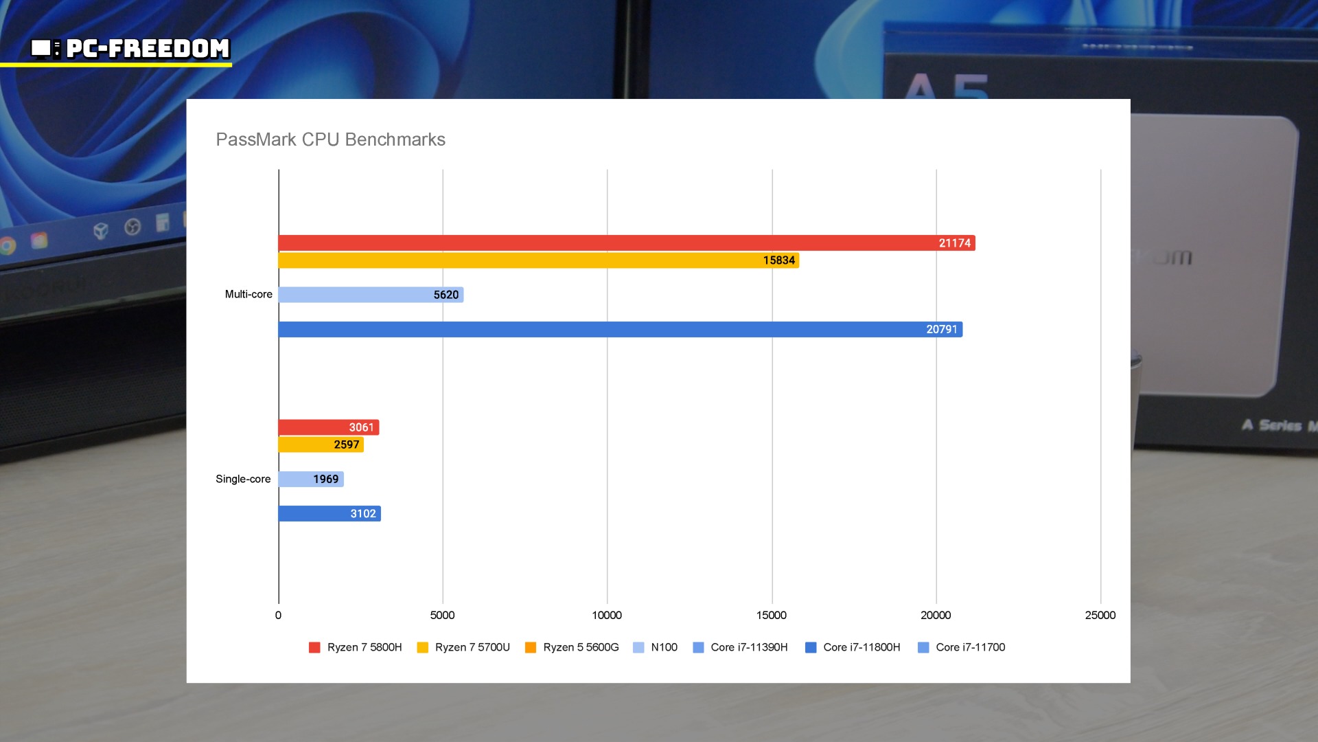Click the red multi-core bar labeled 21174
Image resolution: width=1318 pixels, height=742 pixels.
point(626,243)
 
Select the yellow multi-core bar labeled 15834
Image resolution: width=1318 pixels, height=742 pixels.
point(538,260)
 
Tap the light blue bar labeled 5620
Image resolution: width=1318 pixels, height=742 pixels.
point(371,295)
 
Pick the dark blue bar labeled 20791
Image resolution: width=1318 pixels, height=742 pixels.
point(620,330)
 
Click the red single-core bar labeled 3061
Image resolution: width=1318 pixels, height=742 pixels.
point(328,427)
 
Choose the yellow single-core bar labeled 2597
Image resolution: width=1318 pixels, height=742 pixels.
point(321,445)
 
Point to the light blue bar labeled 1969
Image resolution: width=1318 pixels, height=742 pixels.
point(310,479)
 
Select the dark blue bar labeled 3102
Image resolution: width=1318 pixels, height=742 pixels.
point(329,513)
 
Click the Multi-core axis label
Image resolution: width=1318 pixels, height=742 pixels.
point(248,294)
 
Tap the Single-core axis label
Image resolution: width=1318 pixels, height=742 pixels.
point(243,479)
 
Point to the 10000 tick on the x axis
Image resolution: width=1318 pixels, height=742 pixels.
point(607,615)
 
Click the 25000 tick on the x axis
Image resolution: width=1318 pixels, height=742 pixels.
point(1100,615)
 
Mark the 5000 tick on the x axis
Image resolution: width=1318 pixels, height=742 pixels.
point(442,615)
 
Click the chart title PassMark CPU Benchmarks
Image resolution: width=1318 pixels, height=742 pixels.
point(330,139)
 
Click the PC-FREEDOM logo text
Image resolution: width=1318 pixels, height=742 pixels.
point(147,48)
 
